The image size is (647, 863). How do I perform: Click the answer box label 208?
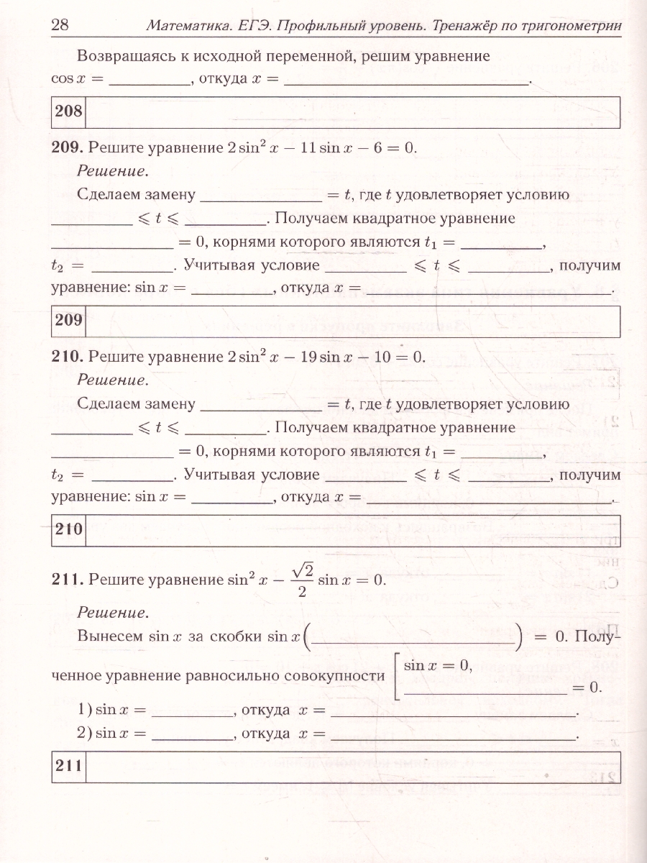69,111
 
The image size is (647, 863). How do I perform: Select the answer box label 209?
69,321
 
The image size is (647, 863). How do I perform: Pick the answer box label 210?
70,530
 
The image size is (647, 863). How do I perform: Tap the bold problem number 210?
68,357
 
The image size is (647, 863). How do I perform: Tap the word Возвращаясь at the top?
123,55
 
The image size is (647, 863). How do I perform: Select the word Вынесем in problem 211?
108,636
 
